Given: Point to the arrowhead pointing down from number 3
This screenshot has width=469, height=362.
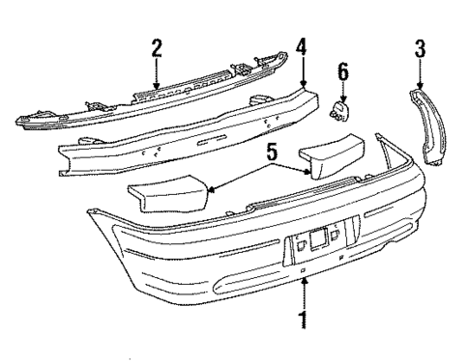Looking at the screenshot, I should [x=420, y=85].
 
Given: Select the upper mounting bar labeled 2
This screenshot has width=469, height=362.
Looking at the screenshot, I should [x=145, y=97].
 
